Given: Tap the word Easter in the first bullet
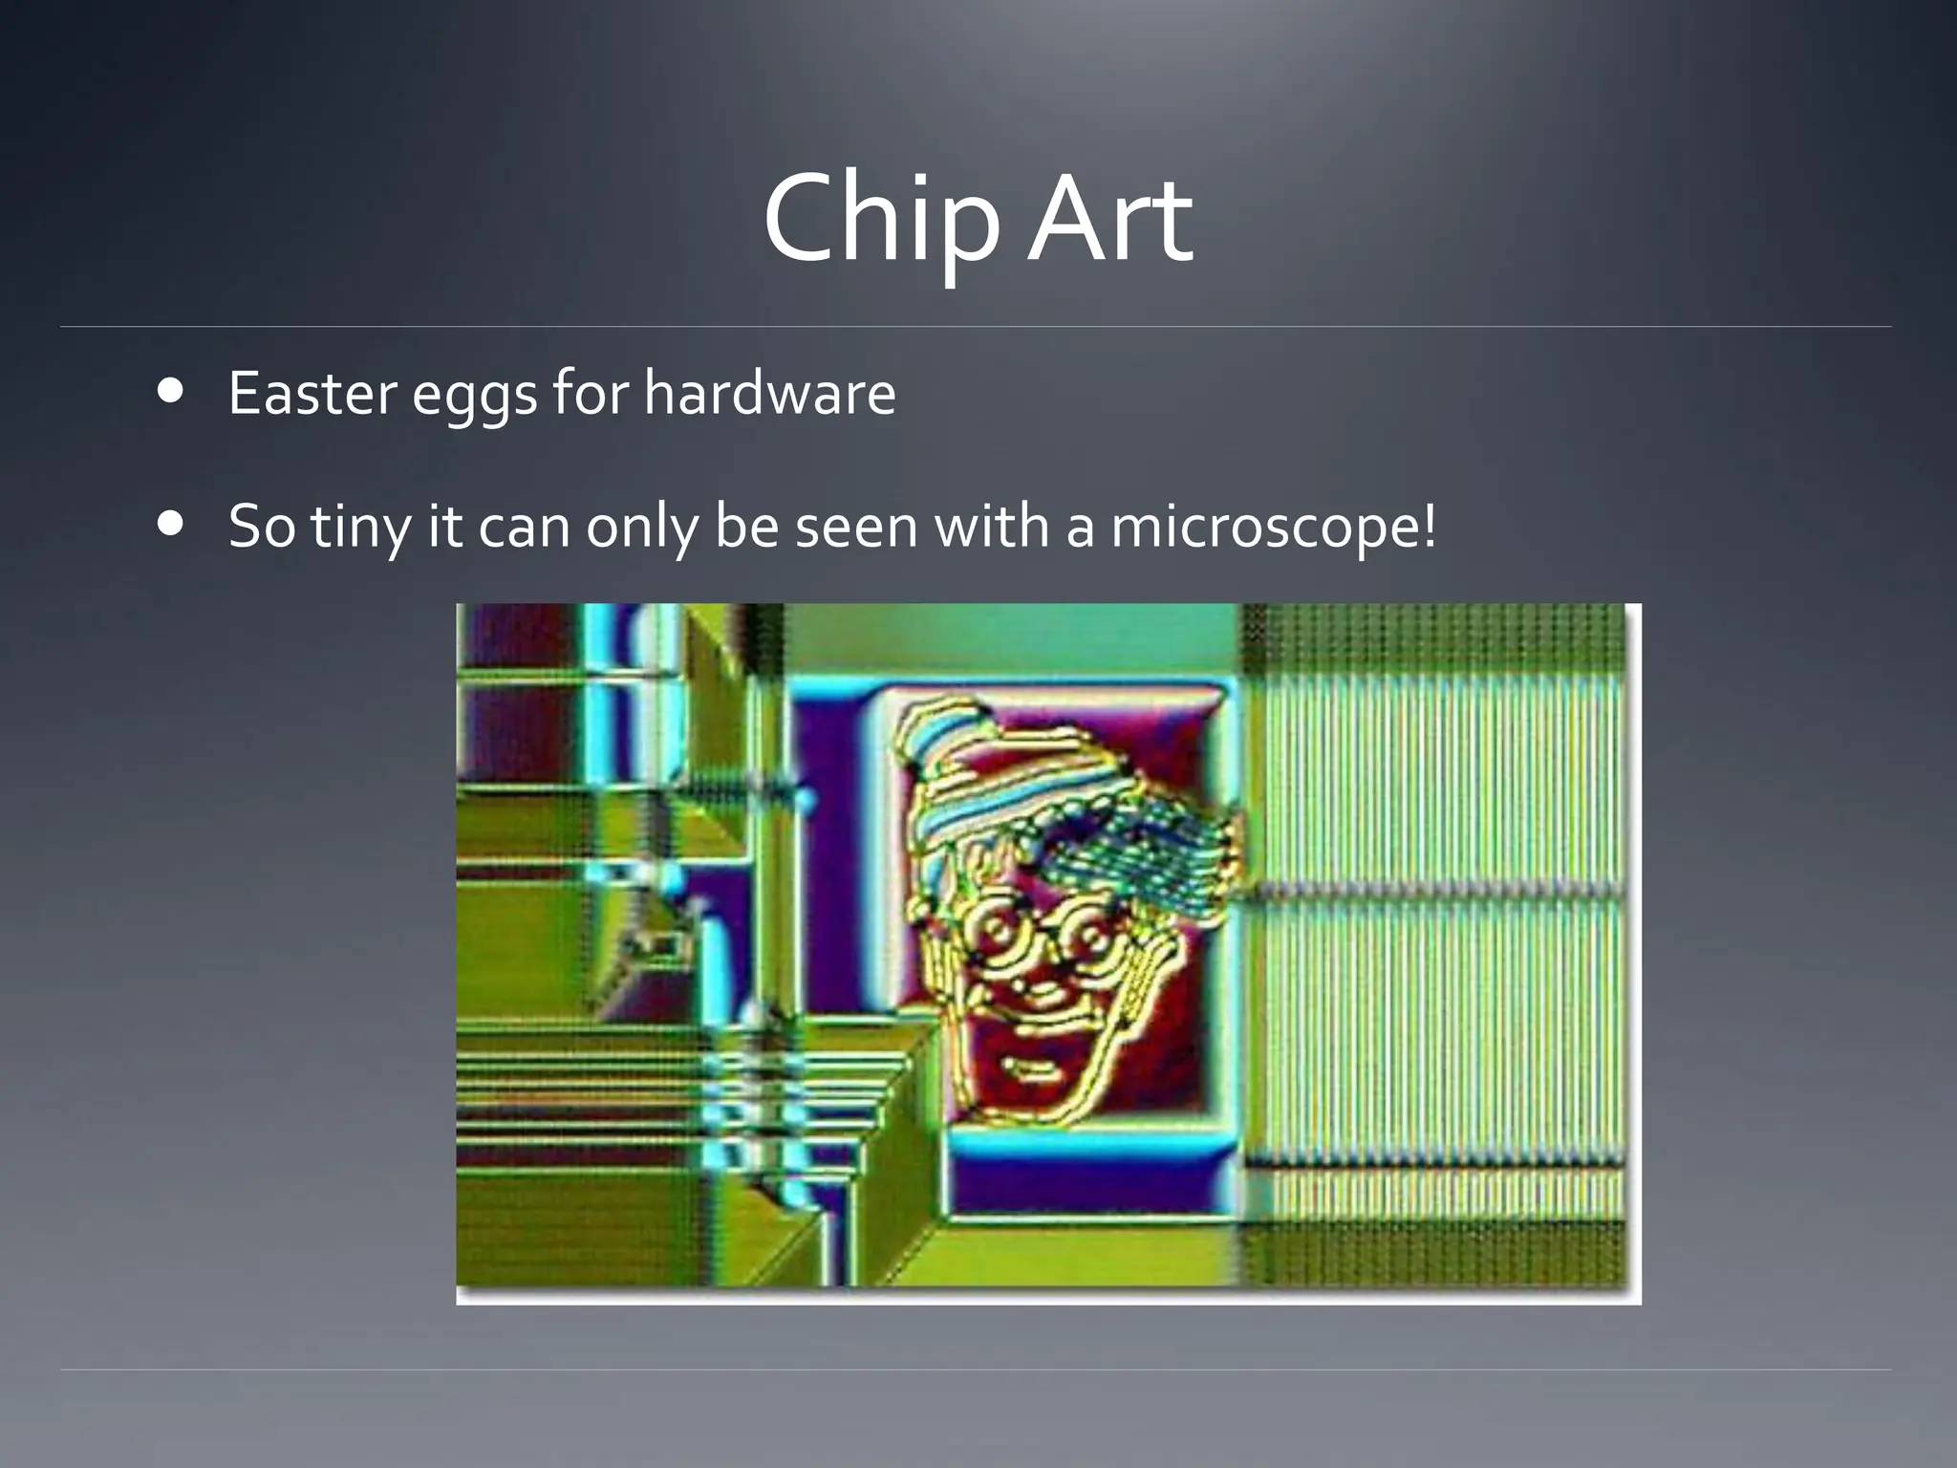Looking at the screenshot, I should [312, 393].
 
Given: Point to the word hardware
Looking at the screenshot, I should [769, 393].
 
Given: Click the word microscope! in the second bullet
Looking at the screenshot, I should [1273, 527].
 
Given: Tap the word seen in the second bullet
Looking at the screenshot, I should [855, 527].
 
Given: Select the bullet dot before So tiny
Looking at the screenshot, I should [172, 524].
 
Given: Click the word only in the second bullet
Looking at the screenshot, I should [641, 527].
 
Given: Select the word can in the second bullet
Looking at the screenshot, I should [524, 527].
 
